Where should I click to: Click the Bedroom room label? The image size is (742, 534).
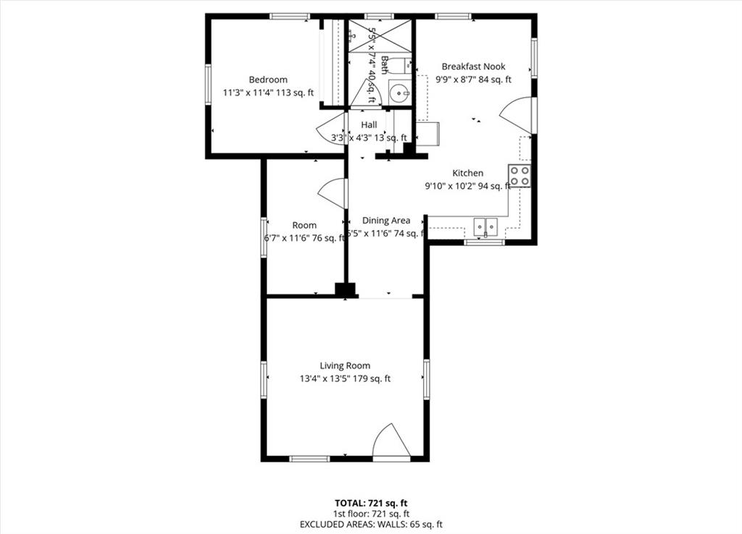tap(268, 80)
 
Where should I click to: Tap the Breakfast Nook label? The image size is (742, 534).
tap(473, 67)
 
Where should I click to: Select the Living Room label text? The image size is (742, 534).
tap(345, 365)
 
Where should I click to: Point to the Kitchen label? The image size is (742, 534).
tap(467, 173)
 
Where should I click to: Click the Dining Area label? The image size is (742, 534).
tap(386, 221)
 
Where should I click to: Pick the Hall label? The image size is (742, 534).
tap(369, 125)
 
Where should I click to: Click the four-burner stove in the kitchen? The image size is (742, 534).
tap(519, 176)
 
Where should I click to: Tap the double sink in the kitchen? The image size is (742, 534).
tap(485, 226)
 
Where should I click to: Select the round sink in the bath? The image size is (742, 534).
tap(399, 93)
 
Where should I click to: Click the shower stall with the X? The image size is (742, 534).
tap(380, 36)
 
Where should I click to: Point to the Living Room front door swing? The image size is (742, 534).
tap(390, 441)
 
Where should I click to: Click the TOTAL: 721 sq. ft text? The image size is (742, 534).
tap(371, 502)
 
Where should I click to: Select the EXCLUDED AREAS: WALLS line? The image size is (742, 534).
tap(371, 525)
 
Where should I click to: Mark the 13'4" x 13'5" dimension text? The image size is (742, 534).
tap(345, 378)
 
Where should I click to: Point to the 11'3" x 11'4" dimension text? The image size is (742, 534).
tap(268, 92)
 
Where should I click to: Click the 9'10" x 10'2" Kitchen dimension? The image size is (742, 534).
tap(467, 186)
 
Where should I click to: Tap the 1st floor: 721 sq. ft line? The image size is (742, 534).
tap(371, 513)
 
